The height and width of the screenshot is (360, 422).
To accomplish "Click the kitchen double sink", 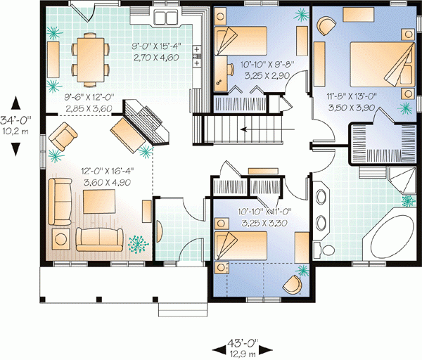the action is tap(165, 18).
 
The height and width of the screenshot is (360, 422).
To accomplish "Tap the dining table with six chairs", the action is tap(91, 60).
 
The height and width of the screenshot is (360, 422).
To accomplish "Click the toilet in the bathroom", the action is tap(324, 249).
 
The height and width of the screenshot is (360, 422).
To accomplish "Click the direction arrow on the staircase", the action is tap(267, 129).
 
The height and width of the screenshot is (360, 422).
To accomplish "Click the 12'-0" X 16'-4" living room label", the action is tap(108, 171).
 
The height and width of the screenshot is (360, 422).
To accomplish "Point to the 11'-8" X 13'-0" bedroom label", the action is tap(352, 96).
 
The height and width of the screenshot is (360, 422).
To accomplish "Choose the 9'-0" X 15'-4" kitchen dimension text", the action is tap(156, 46).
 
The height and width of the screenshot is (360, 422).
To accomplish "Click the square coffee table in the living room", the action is tap(99, 202).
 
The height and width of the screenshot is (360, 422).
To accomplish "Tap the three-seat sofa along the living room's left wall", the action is tap(60, 202).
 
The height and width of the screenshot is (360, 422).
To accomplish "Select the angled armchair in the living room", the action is tap(63, 136).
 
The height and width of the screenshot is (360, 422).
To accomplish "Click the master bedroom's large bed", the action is tap(382, 64).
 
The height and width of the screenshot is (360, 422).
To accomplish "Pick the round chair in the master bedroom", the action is tap(326, 25).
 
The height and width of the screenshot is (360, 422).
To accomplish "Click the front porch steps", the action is tap(183, 309).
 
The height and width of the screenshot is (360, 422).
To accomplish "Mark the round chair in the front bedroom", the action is tap(293, 285).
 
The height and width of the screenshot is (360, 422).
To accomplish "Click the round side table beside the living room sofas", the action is tap(61, 239).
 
